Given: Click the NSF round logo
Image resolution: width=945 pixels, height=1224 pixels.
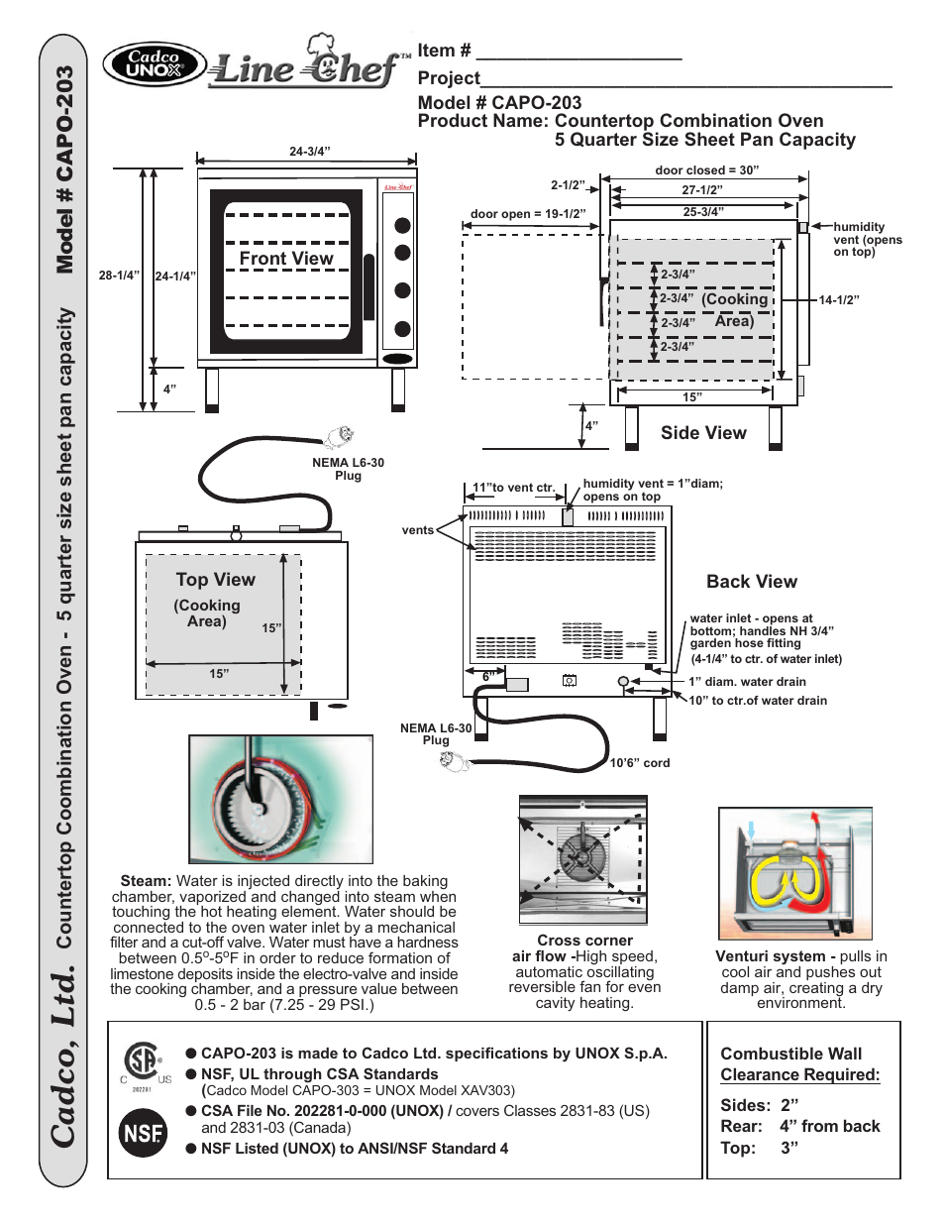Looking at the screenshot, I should (x=143, y=1133).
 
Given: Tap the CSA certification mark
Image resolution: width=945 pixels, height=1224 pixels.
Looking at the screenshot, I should (x=143, y=1061).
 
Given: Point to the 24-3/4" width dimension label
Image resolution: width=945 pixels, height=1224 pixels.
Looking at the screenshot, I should (x=309, y=152).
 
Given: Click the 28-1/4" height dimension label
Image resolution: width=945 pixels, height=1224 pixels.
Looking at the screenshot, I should (x=119, y=276).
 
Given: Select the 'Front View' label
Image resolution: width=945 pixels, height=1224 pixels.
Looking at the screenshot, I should (x=286, y=259).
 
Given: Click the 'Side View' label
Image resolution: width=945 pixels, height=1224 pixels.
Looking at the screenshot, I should (x=703, y=433).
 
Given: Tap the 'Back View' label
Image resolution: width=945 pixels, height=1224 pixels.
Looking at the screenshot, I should (x=751, y=582).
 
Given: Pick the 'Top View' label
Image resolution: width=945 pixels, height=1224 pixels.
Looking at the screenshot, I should (x=215, y=580).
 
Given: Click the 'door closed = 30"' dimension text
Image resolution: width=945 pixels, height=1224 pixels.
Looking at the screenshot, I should (x=706, y=170).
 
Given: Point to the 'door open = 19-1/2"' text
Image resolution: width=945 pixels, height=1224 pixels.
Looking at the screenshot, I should (x=528, y=214).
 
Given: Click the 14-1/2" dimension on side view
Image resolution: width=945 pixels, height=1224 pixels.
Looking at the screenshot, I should (x=839, y=300).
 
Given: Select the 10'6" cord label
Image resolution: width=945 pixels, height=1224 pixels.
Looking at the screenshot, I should (x=640, y=763).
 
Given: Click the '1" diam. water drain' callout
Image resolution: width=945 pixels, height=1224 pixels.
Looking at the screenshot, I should (x=747, y=682).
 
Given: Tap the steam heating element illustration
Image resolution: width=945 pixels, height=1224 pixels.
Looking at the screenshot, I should (x=280, y=799).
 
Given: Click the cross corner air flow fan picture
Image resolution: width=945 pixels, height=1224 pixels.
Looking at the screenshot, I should (x=582, y=858).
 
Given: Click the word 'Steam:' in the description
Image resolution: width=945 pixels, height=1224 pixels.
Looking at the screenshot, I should (x=146, y=881).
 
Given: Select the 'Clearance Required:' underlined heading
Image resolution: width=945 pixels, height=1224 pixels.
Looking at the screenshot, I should (x=799, y=1075).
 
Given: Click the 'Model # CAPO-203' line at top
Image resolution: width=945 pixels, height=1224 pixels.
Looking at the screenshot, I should (x=499, y=103).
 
